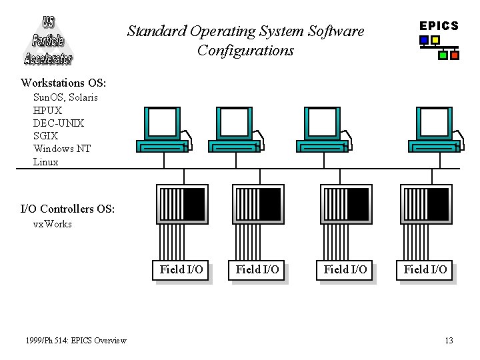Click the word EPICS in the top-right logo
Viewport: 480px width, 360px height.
(439, 26)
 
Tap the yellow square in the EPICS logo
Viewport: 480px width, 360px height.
(435, 40)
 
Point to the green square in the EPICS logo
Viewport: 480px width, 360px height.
(443, 55)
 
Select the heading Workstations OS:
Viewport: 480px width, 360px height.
(63, 83)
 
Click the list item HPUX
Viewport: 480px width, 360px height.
(47, 110)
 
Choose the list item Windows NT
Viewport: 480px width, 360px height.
(62, 149)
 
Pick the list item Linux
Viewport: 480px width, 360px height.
(45, 162)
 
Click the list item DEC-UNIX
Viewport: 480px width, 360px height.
(59, 123)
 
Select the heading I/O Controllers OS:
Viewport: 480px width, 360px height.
(67, 209)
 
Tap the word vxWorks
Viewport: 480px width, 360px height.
(53, 224)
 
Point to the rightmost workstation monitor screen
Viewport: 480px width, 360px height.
(434, 123)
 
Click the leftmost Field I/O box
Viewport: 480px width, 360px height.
(181, 270)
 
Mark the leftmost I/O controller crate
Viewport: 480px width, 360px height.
(183, 204)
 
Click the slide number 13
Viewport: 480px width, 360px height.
(449, 341)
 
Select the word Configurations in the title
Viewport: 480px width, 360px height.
(245, 51)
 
